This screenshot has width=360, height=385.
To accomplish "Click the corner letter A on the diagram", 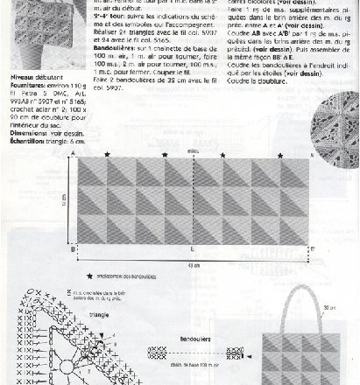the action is pyautogui.click(x=74, y=155).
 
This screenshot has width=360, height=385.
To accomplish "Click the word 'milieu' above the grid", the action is pyautogui.click(x=191, y=151).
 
